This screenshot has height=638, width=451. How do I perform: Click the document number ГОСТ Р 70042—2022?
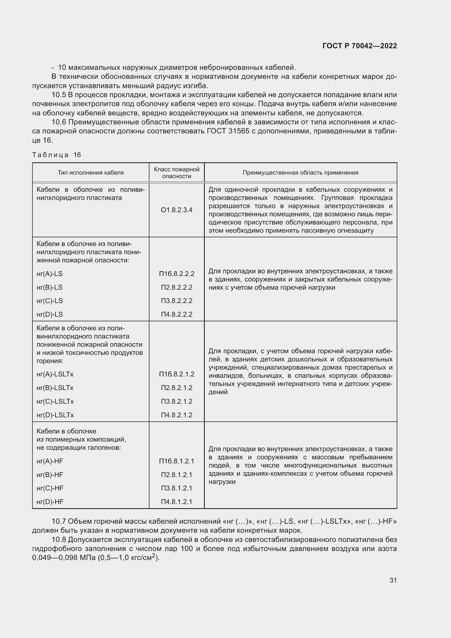tap(360, 46)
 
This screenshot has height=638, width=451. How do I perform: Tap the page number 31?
tap(393, 580)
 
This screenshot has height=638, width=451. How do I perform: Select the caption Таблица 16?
tap(56, 155)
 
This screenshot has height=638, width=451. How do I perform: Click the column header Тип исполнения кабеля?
tap(91, 173)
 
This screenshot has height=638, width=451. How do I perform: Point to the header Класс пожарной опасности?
tap(177, 173)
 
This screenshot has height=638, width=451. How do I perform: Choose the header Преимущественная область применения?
tap(300, 173)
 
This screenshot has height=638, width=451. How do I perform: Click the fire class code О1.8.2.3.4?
tap(177, 210)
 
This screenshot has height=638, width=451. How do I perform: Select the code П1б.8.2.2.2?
tap(177, 274)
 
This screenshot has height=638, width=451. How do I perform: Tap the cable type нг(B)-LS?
tap(50, 287)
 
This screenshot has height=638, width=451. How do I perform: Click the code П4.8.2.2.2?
tap(177, 314)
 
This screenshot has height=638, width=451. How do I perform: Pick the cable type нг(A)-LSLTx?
tap(55, 374)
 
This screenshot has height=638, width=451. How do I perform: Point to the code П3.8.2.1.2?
tap(177, 401)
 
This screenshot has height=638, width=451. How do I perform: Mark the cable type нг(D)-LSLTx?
tap(55, 415)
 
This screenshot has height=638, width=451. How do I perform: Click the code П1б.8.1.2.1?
tap(177, 461)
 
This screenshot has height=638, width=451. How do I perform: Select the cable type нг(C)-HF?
tap(50, 488)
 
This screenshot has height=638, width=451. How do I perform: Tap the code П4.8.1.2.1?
tap(177, 502)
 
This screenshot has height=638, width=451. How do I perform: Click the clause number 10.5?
tap(59, 95)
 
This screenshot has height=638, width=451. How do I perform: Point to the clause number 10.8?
tap(59, 540)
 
